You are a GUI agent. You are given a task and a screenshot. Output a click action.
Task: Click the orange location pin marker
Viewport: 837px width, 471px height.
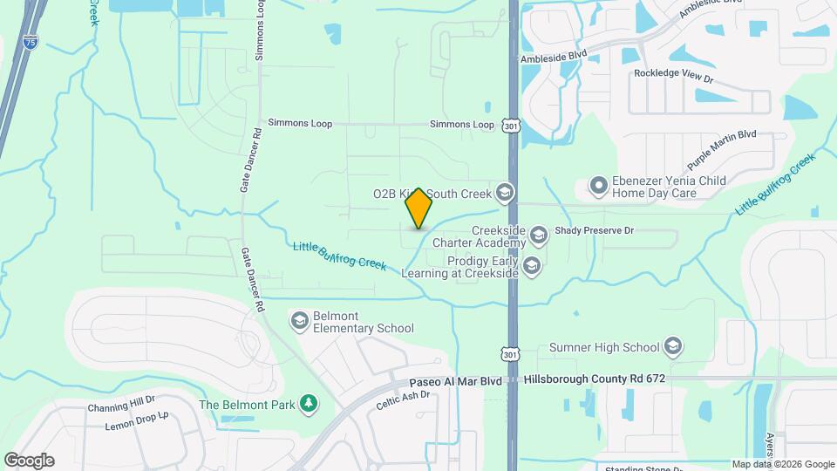point(419,208)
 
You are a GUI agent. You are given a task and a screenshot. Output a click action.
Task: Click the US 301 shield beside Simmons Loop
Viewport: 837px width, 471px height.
point(510,126)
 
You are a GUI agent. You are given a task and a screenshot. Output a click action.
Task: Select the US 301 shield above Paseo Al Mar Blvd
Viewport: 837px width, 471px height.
point(511,354)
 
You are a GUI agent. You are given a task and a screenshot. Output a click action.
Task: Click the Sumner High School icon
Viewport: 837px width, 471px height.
point(673,347)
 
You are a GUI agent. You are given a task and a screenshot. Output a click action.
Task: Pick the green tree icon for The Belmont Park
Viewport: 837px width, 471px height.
point(307,404)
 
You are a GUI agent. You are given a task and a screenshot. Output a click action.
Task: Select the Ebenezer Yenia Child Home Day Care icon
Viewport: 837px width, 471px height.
point(598,186)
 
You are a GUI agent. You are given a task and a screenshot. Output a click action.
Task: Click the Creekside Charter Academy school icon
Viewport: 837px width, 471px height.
point(539,234)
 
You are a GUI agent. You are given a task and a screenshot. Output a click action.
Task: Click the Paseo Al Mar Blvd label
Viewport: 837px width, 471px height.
point(456,381)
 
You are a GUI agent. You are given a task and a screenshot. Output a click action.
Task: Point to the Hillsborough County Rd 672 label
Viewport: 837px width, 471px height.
point(595,380)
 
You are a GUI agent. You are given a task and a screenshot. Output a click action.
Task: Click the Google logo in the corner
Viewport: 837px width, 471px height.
point(29,460)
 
